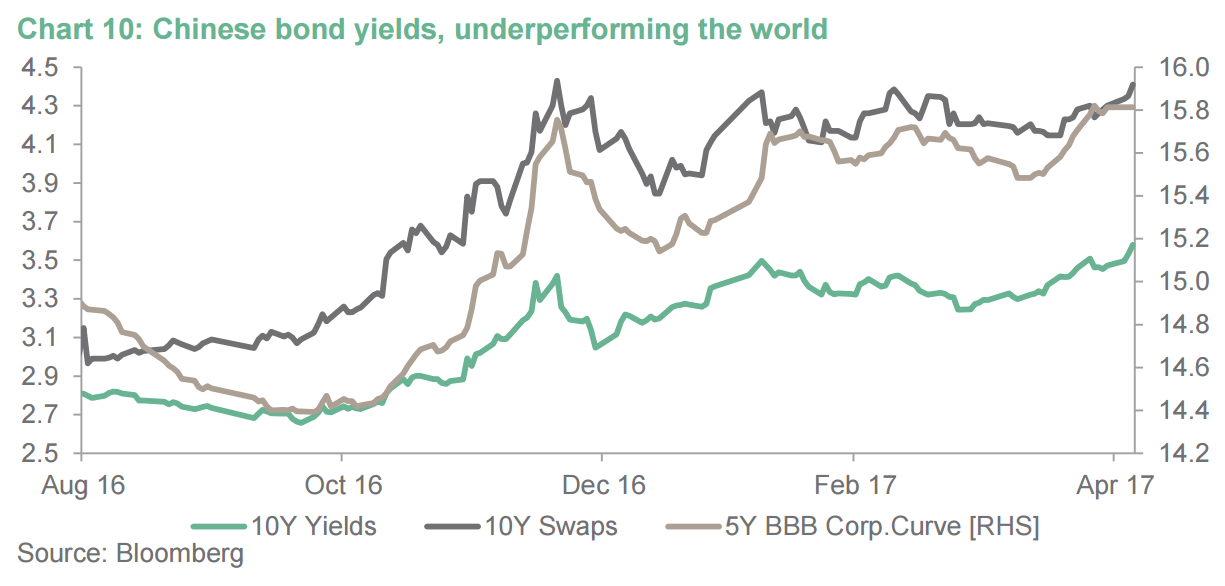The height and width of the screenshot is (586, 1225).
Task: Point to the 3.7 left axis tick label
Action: pos(41,222)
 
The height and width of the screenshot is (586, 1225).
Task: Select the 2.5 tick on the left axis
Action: pos(41,453)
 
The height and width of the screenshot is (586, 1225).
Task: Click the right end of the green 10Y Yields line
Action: pos(1132,243)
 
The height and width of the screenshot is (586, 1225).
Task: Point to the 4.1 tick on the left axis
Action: pos(41,144)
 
